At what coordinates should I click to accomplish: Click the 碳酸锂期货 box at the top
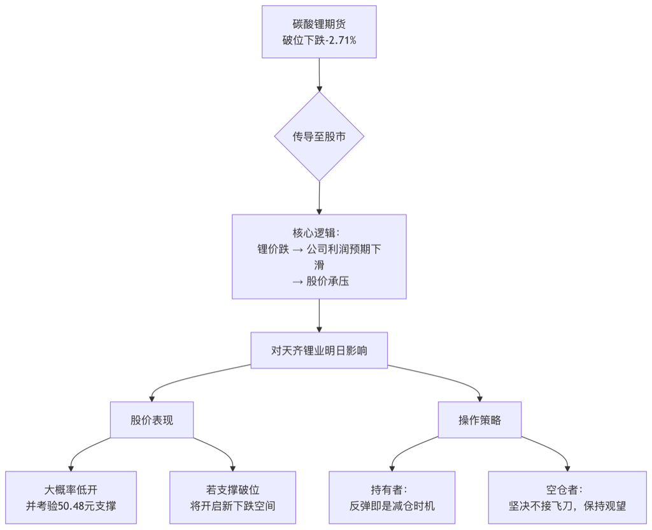click(x=319, y=32)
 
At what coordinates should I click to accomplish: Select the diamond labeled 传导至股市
click(x=319, y=136)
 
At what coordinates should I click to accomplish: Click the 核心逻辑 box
click(x=319, y=256)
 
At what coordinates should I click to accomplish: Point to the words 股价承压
click(x=327, y=281)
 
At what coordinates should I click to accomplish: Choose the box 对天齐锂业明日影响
click(x=319, y=350)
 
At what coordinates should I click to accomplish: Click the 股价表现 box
click(x=152, y=420)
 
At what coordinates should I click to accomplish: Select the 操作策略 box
click(x=479, y=420)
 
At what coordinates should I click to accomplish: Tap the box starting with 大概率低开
click(x=71, y=498)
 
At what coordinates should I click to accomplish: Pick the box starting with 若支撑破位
click(x=232, y=498)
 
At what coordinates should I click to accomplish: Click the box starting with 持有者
click(x=392, y=498)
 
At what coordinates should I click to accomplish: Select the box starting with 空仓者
click(x=567, y=498)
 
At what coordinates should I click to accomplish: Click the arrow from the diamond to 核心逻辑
click(x=319, y=197)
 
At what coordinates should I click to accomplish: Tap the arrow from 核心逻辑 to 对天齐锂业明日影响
click(x=319, y=315)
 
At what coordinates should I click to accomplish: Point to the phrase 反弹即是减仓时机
click(x=392, y=506)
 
